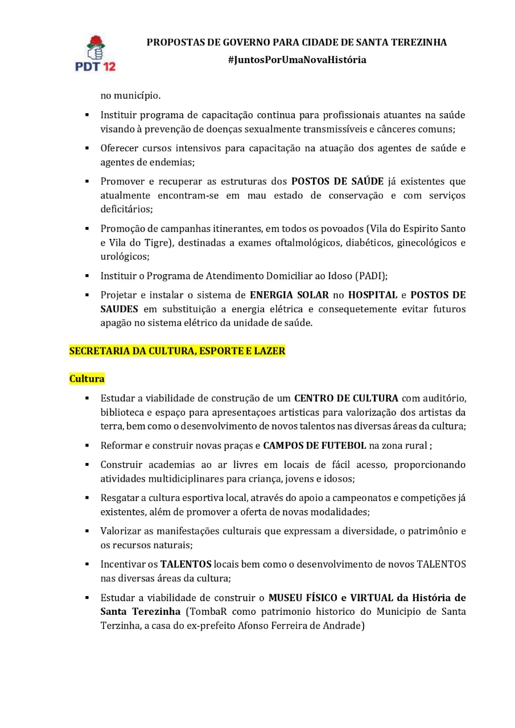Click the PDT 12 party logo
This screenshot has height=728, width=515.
coord(95,53)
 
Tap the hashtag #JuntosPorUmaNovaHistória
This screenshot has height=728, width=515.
coord(296,60)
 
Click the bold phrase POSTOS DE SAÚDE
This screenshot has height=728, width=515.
coord(337,181)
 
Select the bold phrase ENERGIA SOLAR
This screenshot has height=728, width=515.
coord(289,295)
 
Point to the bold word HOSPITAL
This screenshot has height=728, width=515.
coord(373,295)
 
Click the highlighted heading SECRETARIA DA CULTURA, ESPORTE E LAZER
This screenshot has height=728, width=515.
coord(177,351)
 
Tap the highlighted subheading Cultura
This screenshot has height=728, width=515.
coord(87,378)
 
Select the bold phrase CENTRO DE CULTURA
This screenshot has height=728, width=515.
coord(346,398)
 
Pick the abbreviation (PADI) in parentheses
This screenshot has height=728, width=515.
coord(370,276)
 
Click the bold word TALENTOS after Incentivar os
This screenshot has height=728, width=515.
coord(186,564)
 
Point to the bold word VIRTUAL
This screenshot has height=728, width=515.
coord(372,598)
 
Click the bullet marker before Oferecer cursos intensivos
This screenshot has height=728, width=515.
coord(87,148)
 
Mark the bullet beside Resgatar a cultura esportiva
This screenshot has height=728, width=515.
coord(87,498)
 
